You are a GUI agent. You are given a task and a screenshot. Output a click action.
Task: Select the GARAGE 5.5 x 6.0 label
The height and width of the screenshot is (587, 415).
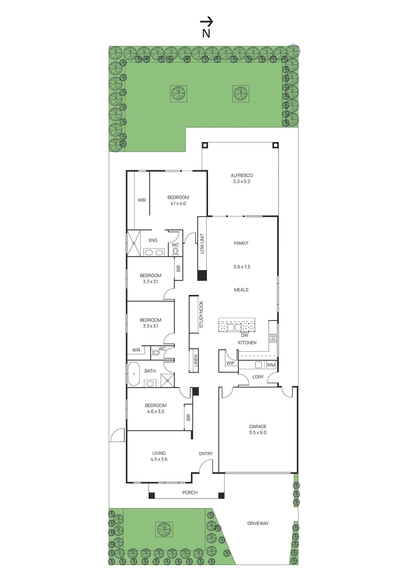pyautogui.click(x=258, y=429)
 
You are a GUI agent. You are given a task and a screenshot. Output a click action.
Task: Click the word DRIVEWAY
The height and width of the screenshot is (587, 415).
pyautogui.click(x=258, y=524)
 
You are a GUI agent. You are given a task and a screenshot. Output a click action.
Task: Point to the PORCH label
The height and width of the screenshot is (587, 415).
pyautogui.click(x=190, y=493)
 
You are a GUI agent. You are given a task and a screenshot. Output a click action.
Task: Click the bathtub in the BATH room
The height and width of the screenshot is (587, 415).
pyautogui.click(x=134, y=374)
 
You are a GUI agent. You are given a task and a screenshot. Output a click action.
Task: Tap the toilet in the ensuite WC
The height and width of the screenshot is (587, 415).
pyautogui.click(x=175, y=251)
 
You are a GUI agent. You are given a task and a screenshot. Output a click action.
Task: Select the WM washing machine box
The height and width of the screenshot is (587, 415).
pyautogui.click(x=271, y=365)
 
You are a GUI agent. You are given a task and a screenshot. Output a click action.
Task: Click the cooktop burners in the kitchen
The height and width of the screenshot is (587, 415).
pyautogui.click(x=273, y=338)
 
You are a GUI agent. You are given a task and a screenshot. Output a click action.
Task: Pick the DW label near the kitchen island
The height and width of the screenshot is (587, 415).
pyautogui.click(x=244, y=335)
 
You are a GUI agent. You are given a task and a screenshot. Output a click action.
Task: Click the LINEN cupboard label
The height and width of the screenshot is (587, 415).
pyautogui.click(x=196, y=360)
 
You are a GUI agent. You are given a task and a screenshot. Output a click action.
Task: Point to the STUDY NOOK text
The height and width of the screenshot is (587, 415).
pyautogui.click(x=201, y=314)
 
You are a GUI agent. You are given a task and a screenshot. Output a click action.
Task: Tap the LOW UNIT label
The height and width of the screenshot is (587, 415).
pyautogui.click(x=202, y=243)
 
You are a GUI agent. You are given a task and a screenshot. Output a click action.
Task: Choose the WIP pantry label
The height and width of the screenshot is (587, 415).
pyautogui.click(x=230, y=363)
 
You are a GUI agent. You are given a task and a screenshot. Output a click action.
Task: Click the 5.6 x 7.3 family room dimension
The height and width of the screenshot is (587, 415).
pyautogui.click(x=241, y=267)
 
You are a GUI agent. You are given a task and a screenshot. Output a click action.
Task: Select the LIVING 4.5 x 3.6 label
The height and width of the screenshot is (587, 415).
pyautogui.click(x=159, y=456)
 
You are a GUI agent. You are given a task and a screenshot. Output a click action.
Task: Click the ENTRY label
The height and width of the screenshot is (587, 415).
pyautogui.click(x=205, y=454)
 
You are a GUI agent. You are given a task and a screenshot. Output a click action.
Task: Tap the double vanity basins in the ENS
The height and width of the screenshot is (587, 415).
pyautogui.click(x=154, y=252)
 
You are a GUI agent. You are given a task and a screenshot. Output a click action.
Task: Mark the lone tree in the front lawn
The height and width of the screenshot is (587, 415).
pyautogui.click(x=164, y=529)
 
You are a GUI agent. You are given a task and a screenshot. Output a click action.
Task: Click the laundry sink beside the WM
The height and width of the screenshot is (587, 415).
pyautogui.click(x=258, y=365)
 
